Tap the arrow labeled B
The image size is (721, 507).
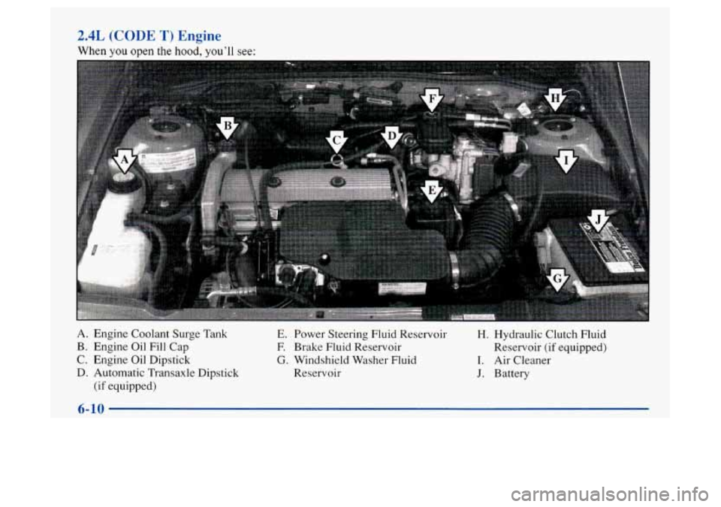pos(227,128)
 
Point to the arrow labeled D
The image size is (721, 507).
pos(391,137)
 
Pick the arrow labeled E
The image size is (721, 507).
pos(431,192)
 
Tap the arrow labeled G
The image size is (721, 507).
pos(557,279)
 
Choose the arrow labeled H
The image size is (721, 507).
pos(555,100)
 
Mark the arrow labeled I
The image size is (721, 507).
pos(566,161)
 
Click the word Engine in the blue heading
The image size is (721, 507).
pos(200,36)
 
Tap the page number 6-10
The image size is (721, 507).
pos(91,408)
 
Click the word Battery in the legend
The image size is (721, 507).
pos(511,373)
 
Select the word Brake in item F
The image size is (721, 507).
pos(308,347)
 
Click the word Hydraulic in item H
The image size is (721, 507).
pos(517,334)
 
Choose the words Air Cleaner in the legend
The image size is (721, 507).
pos(523,361)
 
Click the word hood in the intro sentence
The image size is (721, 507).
pos(172,52)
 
